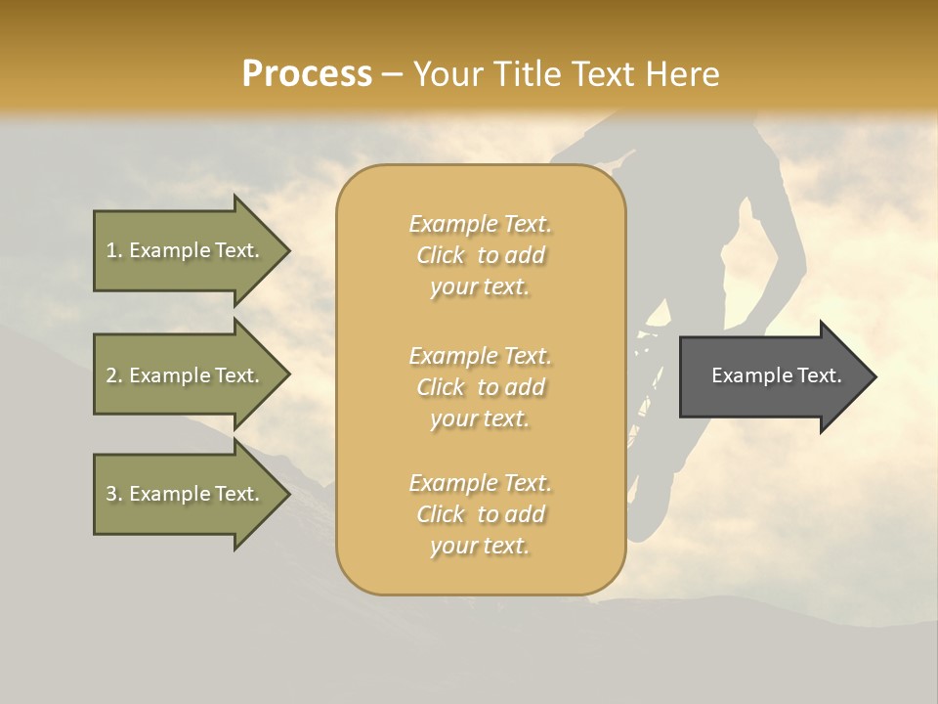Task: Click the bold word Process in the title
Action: point(307,74)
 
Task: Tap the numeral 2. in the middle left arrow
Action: point(113,375)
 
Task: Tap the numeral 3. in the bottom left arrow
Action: point(113,495)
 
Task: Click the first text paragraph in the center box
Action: point(480,255)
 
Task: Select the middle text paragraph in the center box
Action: point(480,387)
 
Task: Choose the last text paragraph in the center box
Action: point(480,514)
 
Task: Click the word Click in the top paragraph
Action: point(441,255)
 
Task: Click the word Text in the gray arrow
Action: point(817,375)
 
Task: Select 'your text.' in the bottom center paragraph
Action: point(480,547)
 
